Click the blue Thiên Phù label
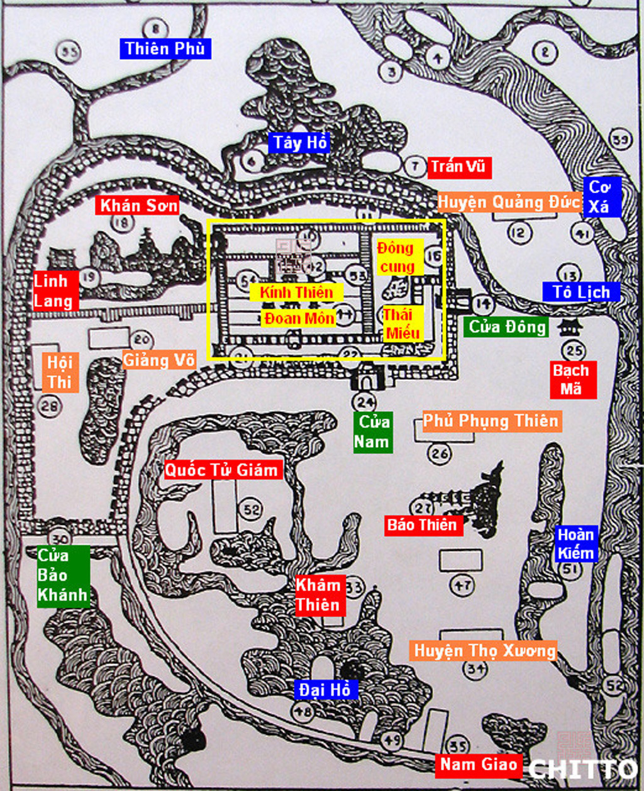[x=165, y=48]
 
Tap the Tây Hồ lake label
[x=300, y=143]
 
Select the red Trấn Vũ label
[x=458, y=167]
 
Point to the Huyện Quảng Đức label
[x=508, y=202]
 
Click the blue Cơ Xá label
[x=601, y=197]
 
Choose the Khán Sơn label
[x=138, y=205]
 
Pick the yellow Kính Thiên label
[x=296, y=292]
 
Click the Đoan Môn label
[x=299, y=318]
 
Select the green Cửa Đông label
[x=507, y=326]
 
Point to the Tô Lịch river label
[x=581, y=292]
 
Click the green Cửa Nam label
[x=372, y=431]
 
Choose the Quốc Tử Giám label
[x=221, y=470]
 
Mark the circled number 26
[x=439, y=453]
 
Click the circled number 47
[x=463, y=586]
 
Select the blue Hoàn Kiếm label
[x=575, y=544]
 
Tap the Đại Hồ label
[x=325, y=690]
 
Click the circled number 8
[x=154, y=28]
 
